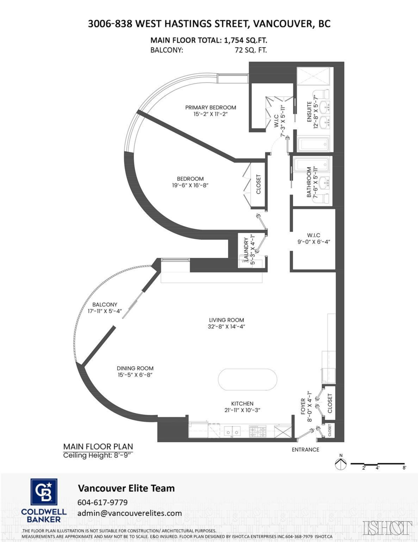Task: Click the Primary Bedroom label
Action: (x=211, y=107)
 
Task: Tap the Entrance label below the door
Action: (x=305, y=449)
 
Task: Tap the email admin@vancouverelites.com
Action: (x=130, y=513)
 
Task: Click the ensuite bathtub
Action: (x=314, y=145)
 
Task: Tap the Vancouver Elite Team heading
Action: (x=126, y=488)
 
